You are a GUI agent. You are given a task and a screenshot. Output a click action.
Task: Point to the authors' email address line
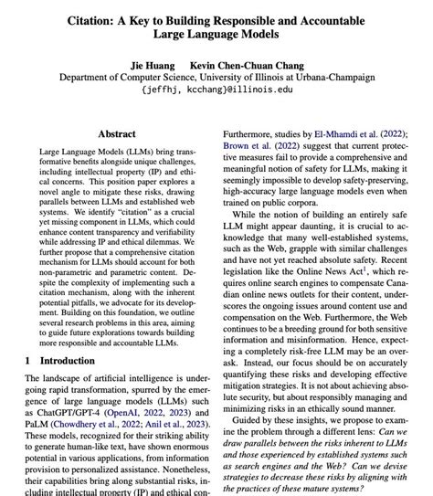tap(217, 90)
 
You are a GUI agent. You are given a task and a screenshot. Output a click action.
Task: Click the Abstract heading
tap(116, 134)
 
